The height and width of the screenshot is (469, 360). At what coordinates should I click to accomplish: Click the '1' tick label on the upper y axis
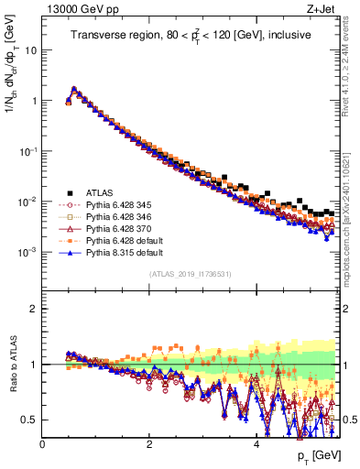(x=34, y=101)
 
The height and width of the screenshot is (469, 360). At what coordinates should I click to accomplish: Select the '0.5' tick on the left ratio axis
(x=30, y=420)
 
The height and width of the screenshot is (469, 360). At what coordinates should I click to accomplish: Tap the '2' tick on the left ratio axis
(x=34, y=309)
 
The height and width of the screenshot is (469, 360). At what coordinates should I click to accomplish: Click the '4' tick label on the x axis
(x=256, y=444)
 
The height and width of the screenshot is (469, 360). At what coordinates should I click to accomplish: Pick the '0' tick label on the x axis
(x=43, y=444)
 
